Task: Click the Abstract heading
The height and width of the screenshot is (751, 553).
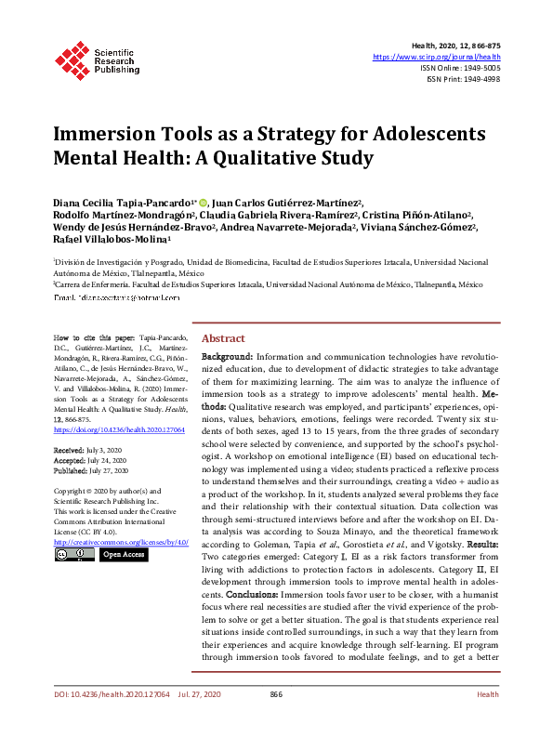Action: click(x=223, y=338)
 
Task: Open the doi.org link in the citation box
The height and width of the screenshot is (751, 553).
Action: click(x=120, y=431)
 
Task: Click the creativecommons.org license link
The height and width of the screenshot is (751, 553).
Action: click(x=120, y=541)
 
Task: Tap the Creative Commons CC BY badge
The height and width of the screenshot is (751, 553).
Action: click(x=72, y=555)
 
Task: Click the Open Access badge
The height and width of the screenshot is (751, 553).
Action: click(x=123, y=555)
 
